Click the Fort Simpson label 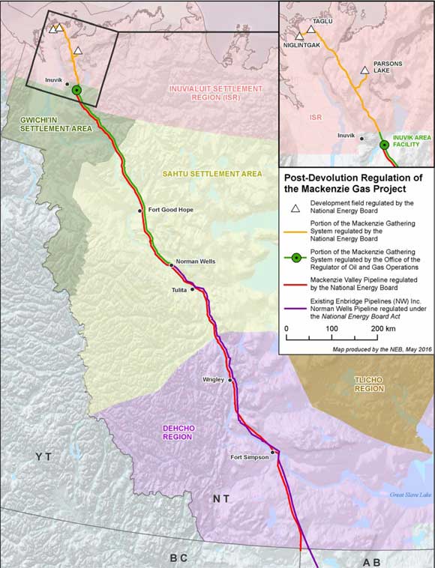tap(249, 457)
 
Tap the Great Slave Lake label tap(410, 495)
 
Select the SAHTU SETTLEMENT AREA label tap(212, 174)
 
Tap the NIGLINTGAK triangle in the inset tap(299, 36)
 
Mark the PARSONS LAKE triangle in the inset tap(364, 70)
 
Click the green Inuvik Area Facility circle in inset tap(384, 145)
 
